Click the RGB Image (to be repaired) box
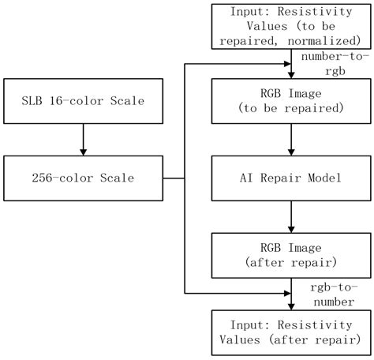[x=292, y=102]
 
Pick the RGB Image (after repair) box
[x=292, y=252]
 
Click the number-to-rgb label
[x=330, y=63]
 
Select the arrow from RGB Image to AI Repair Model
[x=292, y=139]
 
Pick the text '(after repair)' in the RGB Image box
[x=292, y=260]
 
